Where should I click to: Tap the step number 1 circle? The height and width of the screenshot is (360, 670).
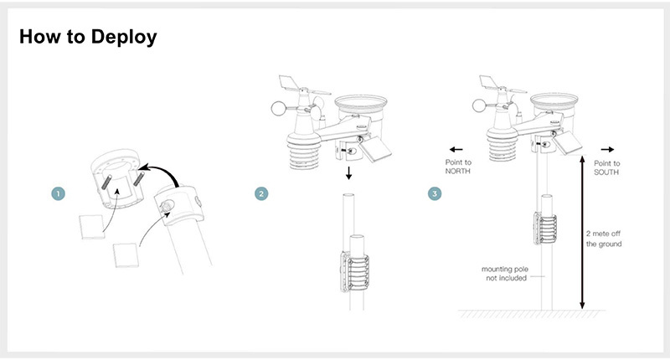tap(57, 193)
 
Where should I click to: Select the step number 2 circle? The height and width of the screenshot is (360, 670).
tap(261, 193)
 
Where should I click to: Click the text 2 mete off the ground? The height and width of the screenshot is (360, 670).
tap(603, 239)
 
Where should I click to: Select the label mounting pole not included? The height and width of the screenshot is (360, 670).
tap(504, 273)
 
